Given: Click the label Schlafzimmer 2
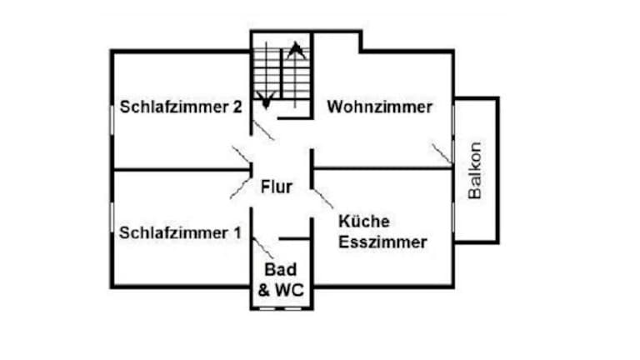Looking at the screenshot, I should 181,107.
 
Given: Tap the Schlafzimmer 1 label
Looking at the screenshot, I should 180,232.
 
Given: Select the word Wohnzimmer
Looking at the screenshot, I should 379,107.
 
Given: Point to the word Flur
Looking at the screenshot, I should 276,187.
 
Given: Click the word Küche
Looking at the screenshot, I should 364,222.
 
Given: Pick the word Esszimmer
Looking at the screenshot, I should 383,242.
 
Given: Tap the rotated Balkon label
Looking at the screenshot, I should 475,171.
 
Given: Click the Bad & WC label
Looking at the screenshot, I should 281,280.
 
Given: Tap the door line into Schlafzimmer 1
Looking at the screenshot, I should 241,189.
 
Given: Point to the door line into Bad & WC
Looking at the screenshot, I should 262,247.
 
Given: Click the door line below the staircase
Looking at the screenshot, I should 262,130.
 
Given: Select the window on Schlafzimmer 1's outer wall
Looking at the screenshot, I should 112,218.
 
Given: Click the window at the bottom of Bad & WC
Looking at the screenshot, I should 282,307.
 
